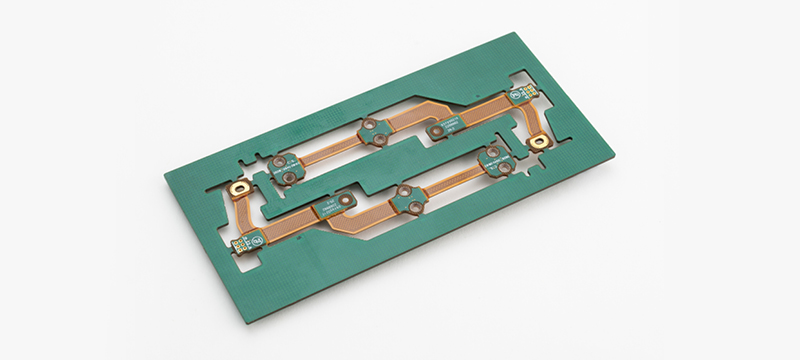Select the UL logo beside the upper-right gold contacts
516,93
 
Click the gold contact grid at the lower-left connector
240,244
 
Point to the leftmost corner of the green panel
165,178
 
